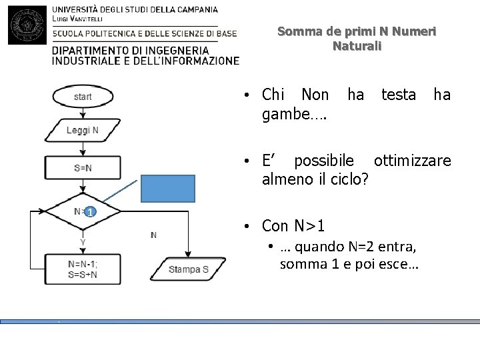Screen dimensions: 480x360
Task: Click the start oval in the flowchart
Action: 83,97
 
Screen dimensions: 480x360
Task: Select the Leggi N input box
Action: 83,131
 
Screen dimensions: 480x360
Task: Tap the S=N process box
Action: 83,167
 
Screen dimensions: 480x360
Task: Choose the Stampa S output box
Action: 189,270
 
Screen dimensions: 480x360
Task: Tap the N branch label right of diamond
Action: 154,235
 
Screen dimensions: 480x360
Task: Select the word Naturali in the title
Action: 357,47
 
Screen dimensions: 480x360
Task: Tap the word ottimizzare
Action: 412,161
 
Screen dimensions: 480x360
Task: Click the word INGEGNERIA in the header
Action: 174,49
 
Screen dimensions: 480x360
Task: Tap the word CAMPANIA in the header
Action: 194,10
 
